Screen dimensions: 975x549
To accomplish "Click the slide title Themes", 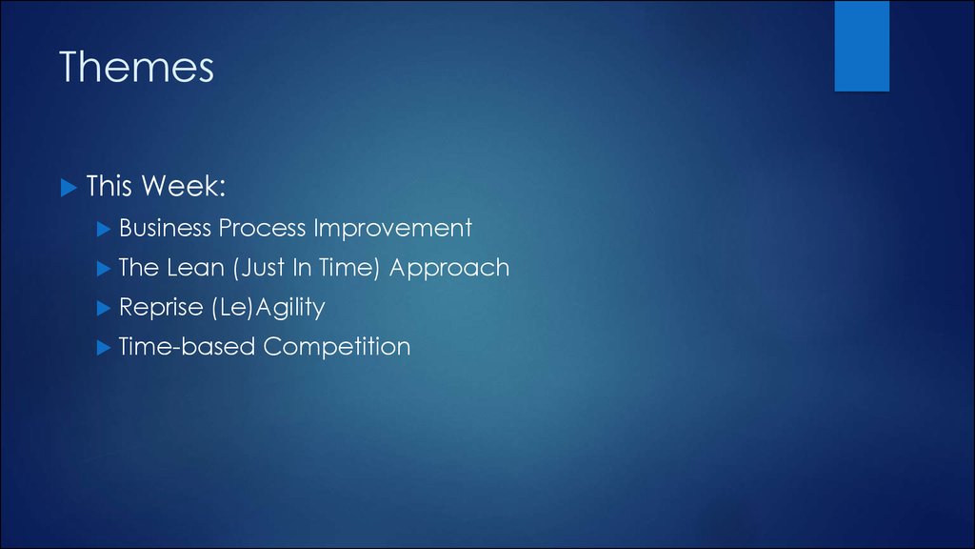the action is click(x=136, y=67).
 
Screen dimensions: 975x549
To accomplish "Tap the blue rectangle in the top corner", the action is click(x=862, y=46).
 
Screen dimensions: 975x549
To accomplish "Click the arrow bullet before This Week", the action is click(x=69, y=188).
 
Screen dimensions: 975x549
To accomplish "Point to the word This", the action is click(x=109, y=186).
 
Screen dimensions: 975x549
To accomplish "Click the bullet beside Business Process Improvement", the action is click(x=104, y=230).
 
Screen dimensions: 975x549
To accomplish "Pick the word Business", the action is click(x=166, y=228).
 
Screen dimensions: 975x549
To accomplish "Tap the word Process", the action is click(x=263, y=228).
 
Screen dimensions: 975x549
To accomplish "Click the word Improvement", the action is click(x=393, y=228).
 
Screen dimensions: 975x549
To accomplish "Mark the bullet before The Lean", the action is click(x=104, y=269).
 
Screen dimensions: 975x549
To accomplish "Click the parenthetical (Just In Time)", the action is click(x=307, y=268).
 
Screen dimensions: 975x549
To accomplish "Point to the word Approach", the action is click(x=449, y=268).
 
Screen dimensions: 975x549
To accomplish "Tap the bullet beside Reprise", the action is click(x=104, y=309).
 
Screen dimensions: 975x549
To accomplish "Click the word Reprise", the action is click(x=161, y=308).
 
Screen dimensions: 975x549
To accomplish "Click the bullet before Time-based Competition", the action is click(x=104, y=348).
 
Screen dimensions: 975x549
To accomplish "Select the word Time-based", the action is click(x=187, y=347).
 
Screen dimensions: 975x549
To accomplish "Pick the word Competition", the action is click(x=337, y=347).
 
